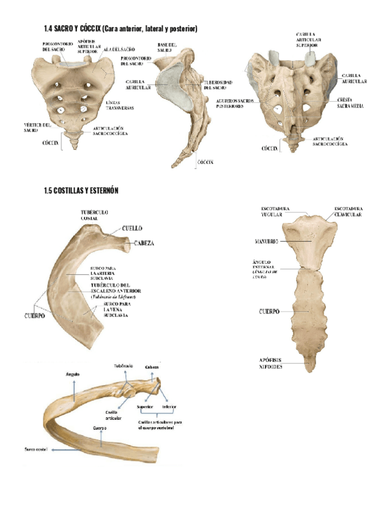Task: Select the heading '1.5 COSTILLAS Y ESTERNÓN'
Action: click(81, 191)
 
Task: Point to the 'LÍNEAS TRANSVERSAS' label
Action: click(120, 105)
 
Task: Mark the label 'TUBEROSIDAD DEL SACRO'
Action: click(219, 85)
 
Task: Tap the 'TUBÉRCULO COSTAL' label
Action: click(94, 215)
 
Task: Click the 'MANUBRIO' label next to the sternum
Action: click(266, 242)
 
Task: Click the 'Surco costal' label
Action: click(35, 449)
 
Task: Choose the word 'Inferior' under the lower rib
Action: click(169, 406)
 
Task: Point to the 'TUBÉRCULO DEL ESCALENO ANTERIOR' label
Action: click(116, 288)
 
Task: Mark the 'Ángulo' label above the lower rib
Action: click(72, 373)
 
